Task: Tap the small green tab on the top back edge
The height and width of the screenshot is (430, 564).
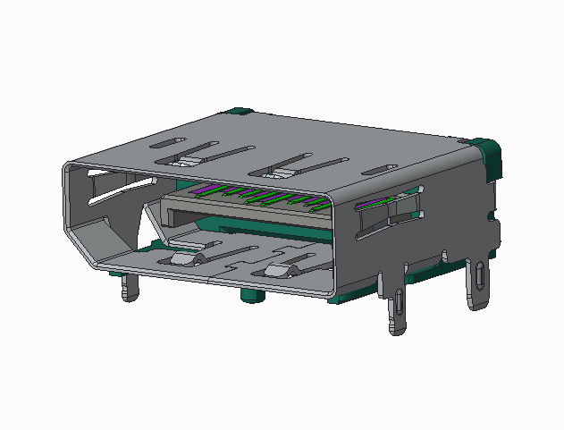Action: pyautogui.click(x=239, y=112)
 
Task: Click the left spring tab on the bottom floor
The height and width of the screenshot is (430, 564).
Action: pyautogui.click(x=181, y=259)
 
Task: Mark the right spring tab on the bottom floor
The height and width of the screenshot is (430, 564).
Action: pyautogui.click(x=279, y=270)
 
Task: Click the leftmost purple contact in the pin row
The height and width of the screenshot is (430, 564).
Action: pyautogui.click(x=199, y=190)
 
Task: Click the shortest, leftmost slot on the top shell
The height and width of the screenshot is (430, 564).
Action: pyautogui.click(x=166, y=142)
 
